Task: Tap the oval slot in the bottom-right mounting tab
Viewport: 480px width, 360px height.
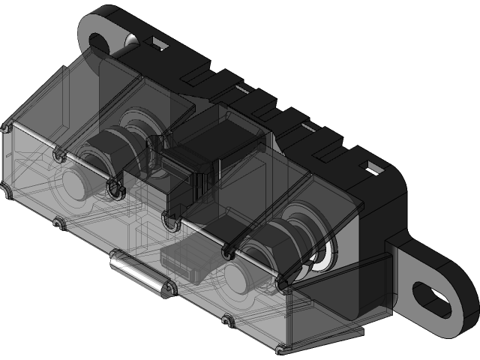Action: click(x=434, y=296)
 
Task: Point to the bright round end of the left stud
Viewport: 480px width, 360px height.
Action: click(x=75, y=183)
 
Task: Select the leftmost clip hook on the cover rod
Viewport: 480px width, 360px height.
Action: click(x=58, y=155)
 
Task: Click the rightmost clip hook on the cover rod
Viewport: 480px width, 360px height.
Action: click(x=282, y=286)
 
